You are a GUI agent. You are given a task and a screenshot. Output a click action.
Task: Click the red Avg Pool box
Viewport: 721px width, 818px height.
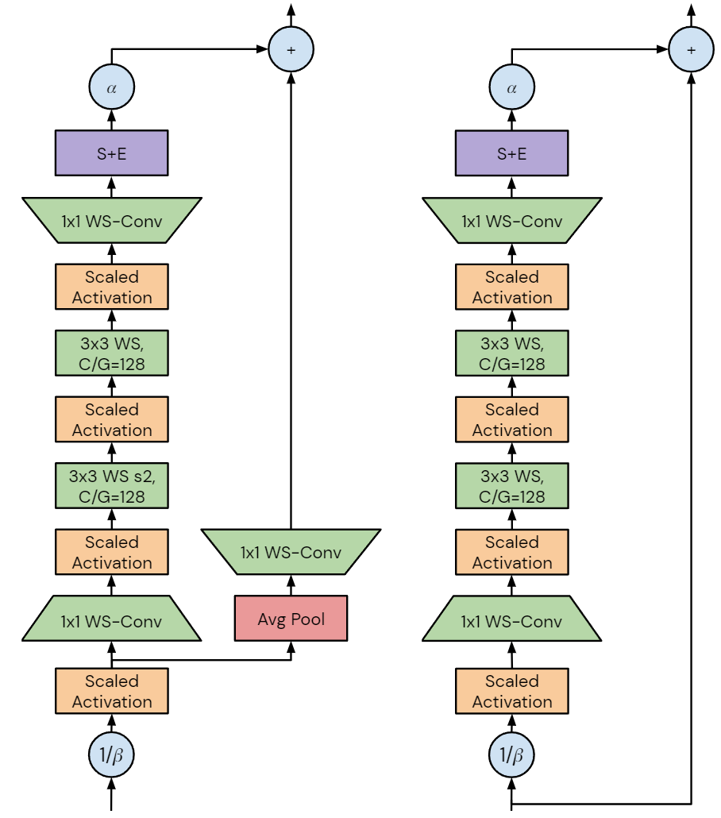click(x=291, y=618)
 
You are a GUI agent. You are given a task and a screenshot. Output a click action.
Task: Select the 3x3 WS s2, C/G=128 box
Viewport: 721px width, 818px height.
click(x=111, y=486)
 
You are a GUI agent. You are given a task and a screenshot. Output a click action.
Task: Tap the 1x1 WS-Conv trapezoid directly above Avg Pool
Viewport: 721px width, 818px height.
click(x=291, y=552)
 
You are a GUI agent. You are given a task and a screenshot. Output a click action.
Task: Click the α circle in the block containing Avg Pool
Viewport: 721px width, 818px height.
click(x=111, y=88)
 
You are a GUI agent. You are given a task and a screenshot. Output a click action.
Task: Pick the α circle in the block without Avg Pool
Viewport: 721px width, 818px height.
click(x=511, y=88)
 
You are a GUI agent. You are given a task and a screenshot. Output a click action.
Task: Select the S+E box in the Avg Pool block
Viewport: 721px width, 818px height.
click(x=111, y=153)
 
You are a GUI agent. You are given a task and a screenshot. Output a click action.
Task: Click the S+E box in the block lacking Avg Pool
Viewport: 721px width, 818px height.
click(x=511, y=153)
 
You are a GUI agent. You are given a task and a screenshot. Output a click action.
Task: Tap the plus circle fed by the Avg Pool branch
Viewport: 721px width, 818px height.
click(x=291, y=48)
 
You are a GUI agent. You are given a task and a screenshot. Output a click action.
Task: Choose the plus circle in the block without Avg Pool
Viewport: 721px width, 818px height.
click(x=691, y=48)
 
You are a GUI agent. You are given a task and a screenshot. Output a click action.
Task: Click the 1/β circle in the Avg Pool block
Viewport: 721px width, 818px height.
click(x=111, y=755)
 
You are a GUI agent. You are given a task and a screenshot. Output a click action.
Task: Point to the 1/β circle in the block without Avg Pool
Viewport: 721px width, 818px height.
click(x=511, y=755)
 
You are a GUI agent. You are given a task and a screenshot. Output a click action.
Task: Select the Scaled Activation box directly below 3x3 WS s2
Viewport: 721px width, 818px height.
click(x=111, y=552)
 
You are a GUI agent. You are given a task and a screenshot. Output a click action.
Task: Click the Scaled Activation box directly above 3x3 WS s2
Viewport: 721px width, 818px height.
click(x=111, y=420)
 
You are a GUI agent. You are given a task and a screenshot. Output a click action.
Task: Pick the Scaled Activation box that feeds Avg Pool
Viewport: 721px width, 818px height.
click(x=111, y=691)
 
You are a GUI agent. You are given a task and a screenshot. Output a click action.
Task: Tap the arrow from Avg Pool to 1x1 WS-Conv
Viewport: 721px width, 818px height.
click(x=291, y=586)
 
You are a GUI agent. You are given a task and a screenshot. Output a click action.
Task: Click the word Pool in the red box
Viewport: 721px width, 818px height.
click(x=309, y=619)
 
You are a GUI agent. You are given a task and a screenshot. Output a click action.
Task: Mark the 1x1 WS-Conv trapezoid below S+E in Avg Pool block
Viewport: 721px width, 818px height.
click(x=111, y=219)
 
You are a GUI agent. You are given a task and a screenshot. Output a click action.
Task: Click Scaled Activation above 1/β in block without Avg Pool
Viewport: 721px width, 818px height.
click(x=511, y=691)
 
